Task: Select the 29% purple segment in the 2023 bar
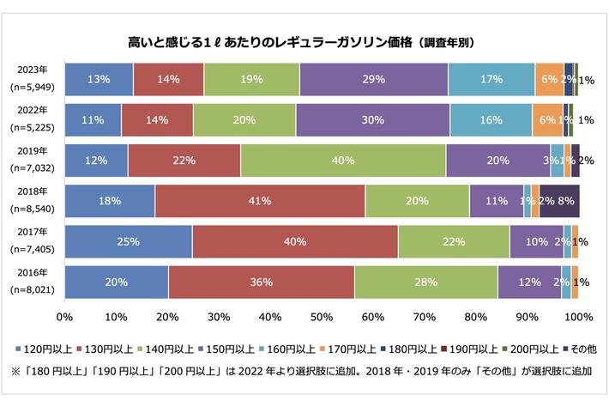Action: point(374,79)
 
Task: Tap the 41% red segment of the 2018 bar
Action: point(260,201)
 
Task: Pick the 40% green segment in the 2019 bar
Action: point(343,161)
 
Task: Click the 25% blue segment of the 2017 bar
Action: point(129,241)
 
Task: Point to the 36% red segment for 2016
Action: point(262,282)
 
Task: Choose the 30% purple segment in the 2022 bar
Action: point(372,119)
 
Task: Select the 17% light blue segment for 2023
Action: point(491,79)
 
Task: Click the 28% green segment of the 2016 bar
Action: point(426,282)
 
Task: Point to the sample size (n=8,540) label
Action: point(32,209)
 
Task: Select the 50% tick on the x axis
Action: point(322,318)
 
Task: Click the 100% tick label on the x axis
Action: point(579,318)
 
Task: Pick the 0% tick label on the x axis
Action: point(64,318)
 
